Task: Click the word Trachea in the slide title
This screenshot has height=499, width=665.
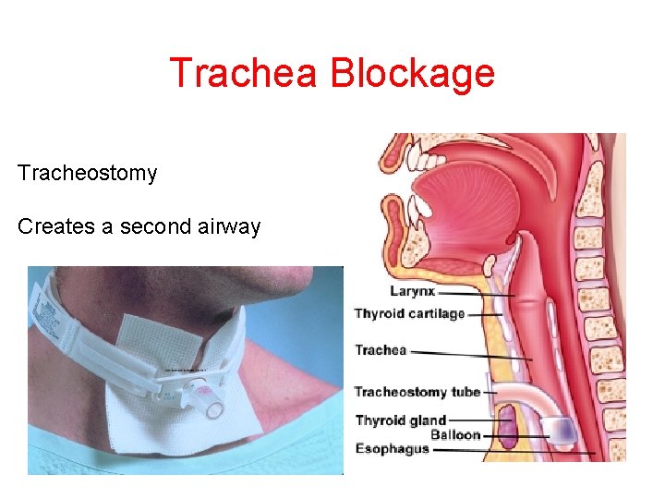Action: point(243,74)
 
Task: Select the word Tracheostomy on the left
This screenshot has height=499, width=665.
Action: point(87,174)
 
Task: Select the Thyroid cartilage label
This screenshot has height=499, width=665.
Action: point(409,314)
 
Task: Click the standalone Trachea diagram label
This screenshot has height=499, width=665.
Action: point(381,350)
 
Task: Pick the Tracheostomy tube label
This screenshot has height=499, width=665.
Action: point(417,392)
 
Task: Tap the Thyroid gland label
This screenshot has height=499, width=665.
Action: point(400,420)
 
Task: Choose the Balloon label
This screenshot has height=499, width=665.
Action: point(455,434)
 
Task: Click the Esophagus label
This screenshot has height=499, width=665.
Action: point(392,449)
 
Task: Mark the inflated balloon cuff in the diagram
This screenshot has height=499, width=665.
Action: point(561,427)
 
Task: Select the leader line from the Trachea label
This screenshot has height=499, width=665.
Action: point(471,353)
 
